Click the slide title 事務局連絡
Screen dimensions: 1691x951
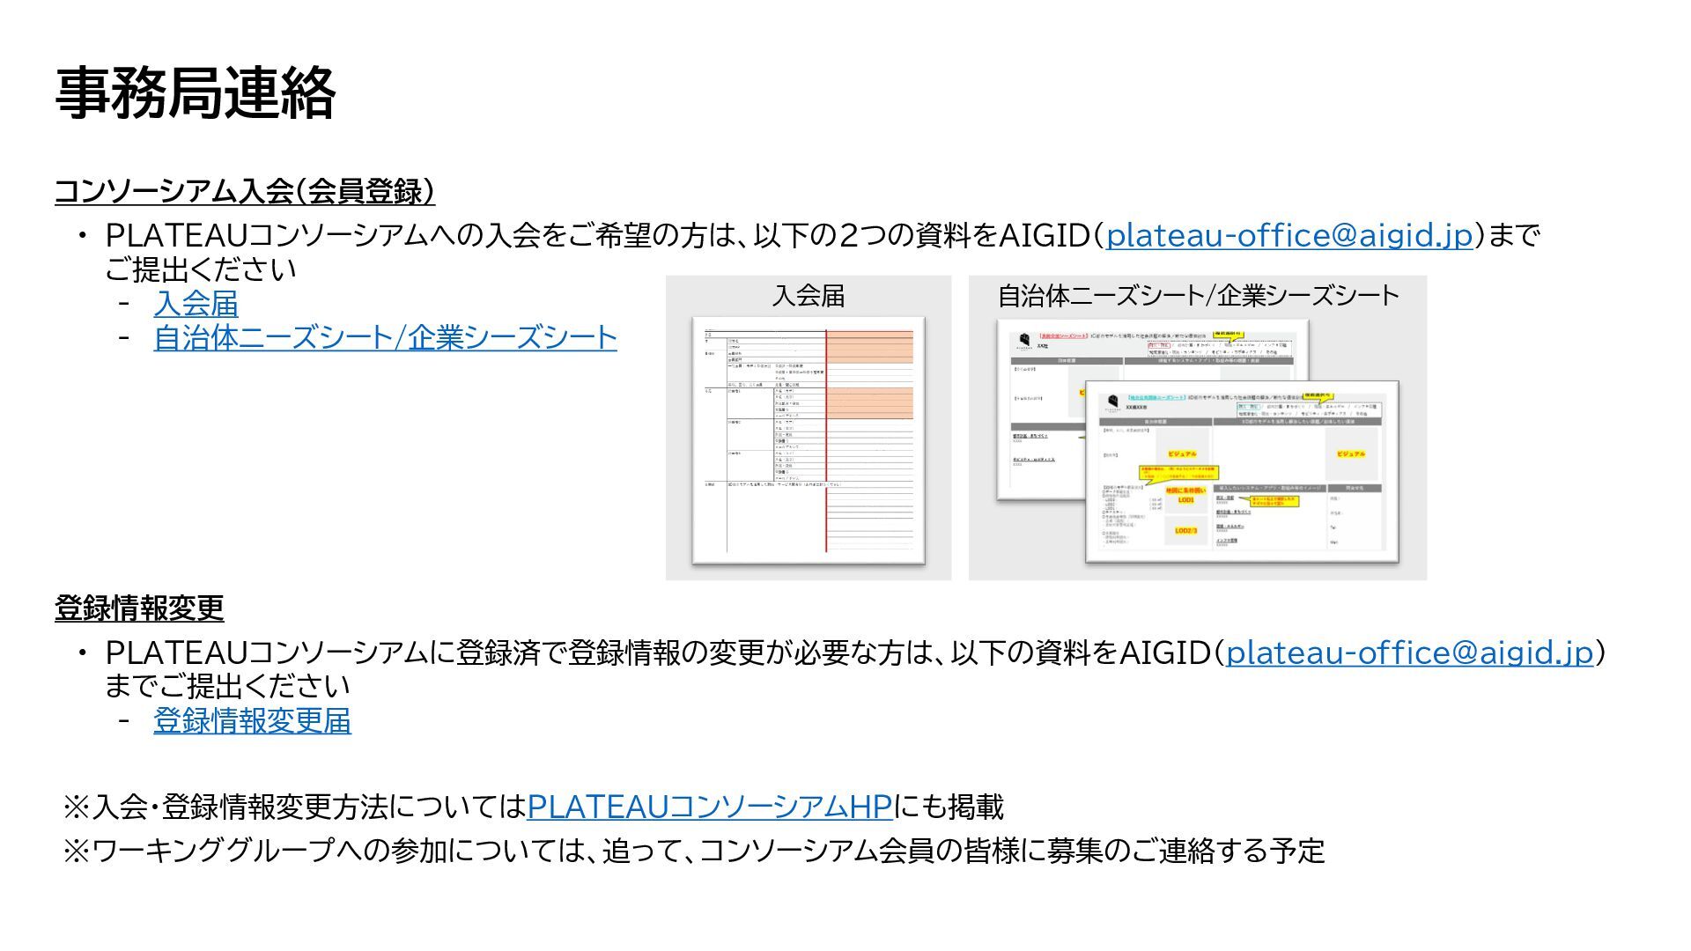tap(195, 93)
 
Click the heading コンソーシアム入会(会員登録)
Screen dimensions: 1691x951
tap(244, 191)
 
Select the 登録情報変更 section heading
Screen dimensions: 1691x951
tap(139, 608)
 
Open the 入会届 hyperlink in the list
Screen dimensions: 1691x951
tap(196, 304)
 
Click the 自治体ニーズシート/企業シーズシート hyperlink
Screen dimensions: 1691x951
tap(385, 337)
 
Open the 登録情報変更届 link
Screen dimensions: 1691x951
tap(252, 720)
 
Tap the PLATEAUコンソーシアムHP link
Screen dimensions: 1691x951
tap(709, 806)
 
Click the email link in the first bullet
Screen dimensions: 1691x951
tap(1289, 235)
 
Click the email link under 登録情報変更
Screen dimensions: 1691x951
tap(1409, 652)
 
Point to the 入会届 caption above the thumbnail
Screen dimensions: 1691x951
tap(808, 296)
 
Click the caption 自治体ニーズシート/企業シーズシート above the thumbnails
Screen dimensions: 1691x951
tap(1198, 296)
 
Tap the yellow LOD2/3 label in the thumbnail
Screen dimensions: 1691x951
tap(1185, 531)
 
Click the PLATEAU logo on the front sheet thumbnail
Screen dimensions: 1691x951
tap(1113, 402)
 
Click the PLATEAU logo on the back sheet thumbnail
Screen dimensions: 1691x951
tap(1024, 341)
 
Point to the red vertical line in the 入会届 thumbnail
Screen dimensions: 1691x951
tap(826, 440)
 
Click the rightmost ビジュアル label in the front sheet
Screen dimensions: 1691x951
tap(1350, 454)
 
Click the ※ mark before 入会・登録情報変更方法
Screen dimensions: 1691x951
tap(77, 806)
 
